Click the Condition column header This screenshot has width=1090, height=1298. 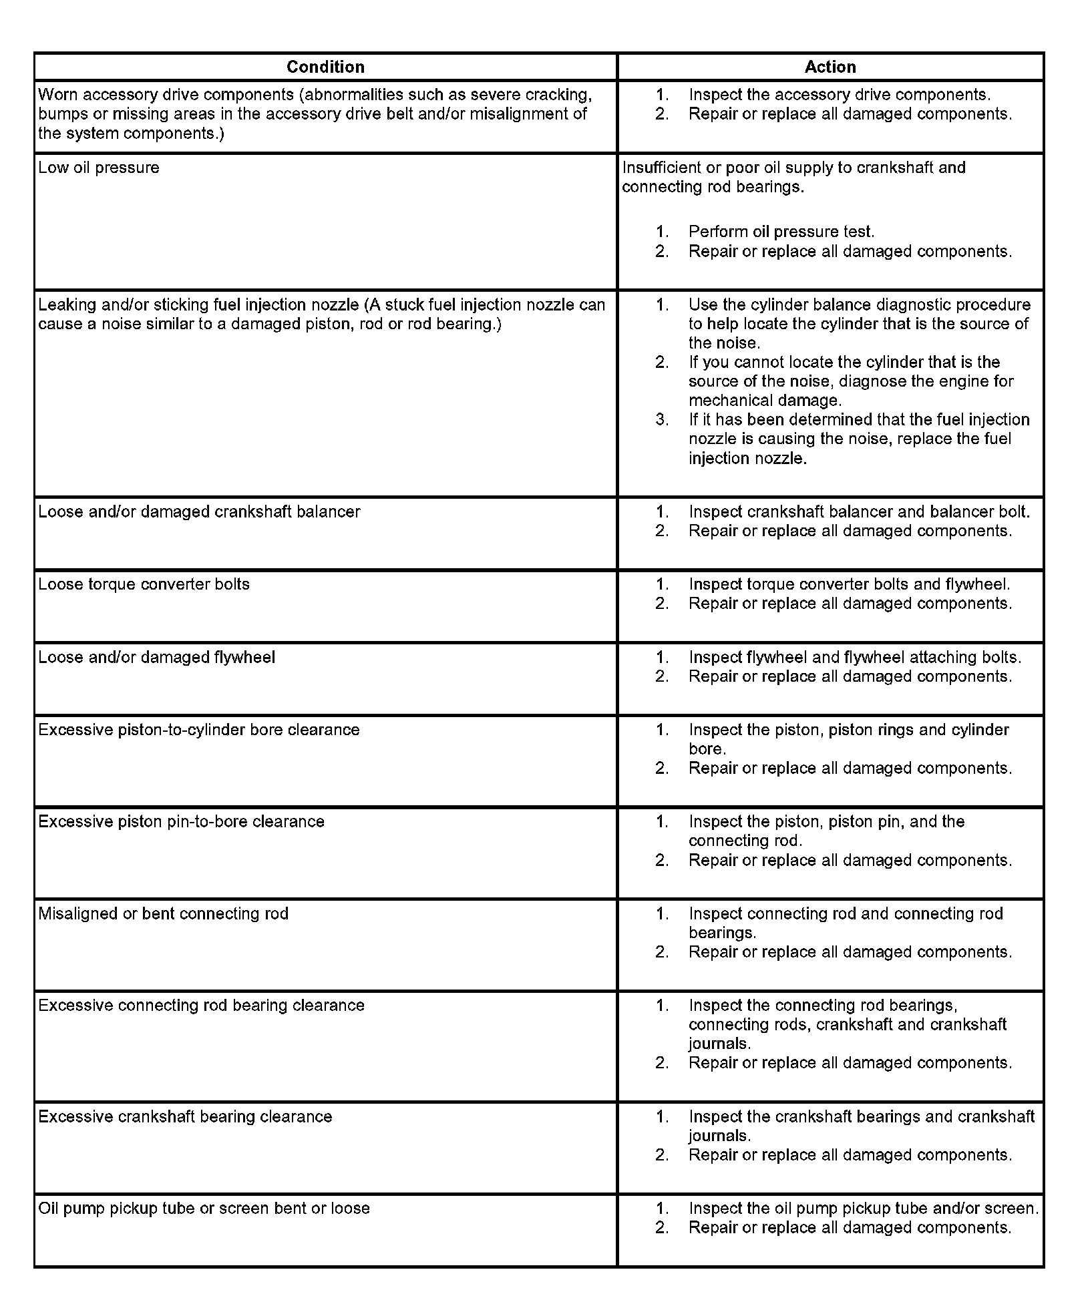pyautogui.click(x=325, y=67)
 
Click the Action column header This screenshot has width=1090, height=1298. pyautogui.click(x=830, y=67)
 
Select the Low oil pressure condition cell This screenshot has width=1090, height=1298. pyautogui.click(x=99, y=168)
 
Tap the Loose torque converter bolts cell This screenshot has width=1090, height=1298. pyautogui.click(x=144, y=584)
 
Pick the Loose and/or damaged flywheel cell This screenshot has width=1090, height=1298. pyautogui.click(x=156, y=658)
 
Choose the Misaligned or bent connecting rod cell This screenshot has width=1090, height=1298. pyautogui.click(x=163, y=913)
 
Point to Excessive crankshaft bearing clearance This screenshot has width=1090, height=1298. pyautogui.click(x=185, y=1117)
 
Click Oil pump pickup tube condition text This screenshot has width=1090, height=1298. pyautogui.click(x=204, y=1209)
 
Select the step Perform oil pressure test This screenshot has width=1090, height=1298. pyautogui.click(x=781, y=232)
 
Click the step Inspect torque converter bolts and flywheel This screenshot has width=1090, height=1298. pyautogui.click(x=849, y=584)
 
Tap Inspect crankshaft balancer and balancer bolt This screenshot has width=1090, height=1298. pyautogui.click(x=859, y=511)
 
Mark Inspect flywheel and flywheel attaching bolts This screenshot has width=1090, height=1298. pyautogui.click(x=855, y=658)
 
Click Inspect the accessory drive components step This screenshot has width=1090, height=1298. pyautogui.click(x=840, y=95)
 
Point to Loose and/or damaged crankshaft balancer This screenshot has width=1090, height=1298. pyautogui.click(x=199, y=511)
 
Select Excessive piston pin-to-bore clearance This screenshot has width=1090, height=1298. pyautogui.click(x=181, y=821)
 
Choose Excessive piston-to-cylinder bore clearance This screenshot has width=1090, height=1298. pyautogui.click(x=198, y=730)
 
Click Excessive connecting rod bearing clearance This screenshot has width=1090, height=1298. pyautogui.click(x=201, y=1006)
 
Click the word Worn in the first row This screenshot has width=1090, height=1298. pyautogui.click(x=58, y=95)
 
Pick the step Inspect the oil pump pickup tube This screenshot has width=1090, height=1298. pyautogui.click(x=864, y=1209)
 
